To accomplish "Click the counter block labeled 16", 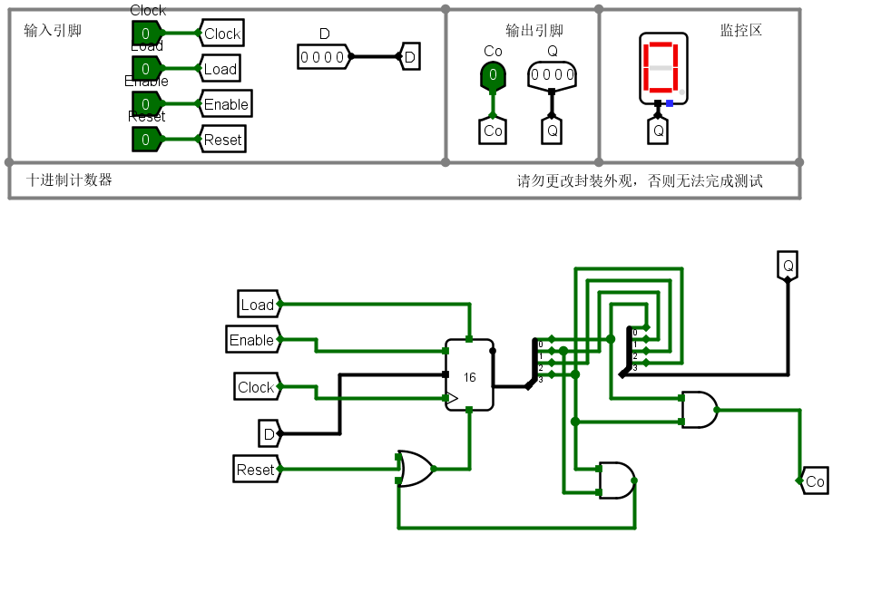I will click(469, 375).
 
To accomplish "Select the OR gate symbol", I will click(416, 469).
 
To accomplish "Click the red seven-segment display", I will click(662, 68).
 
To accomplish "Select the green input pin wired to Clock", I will click(145, 34).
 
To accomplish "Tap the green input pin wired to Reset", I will click(145, 140).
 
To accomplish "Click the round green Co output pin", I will click(493, 74).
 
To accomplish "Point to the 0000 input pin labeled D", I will click(323, 57).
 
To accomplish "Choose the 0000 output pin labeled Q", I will click(552, 74).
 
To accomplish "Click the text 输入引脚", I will click(53, 31).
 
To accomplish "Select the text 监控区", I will click(740, 30).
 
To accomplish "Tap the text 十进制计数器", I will click(70, 180).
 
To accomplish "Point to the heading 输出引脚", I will click(534, 31).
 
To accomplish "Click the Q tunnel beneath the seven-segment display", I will click(659, 131).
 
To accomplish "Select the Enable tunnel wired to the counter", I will click(252, 340).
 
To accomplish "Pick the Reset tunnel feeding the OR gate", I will click(255, 470).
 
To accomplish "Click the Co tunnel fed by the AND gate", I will click(814, 481).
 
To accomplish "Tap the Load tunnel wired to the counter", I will click(258, 305).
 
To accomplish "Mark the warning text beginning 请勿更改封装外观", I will click(640, 180).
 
